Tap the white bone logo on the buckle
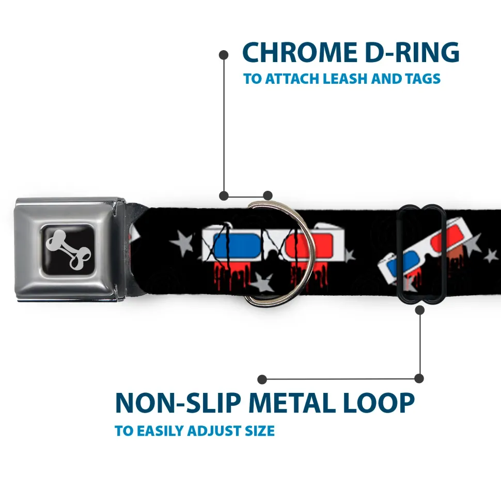click(68, 249)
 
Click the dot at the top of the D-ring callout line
click(224, 54)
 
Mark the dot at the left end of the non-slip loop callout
click(262, 379)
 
